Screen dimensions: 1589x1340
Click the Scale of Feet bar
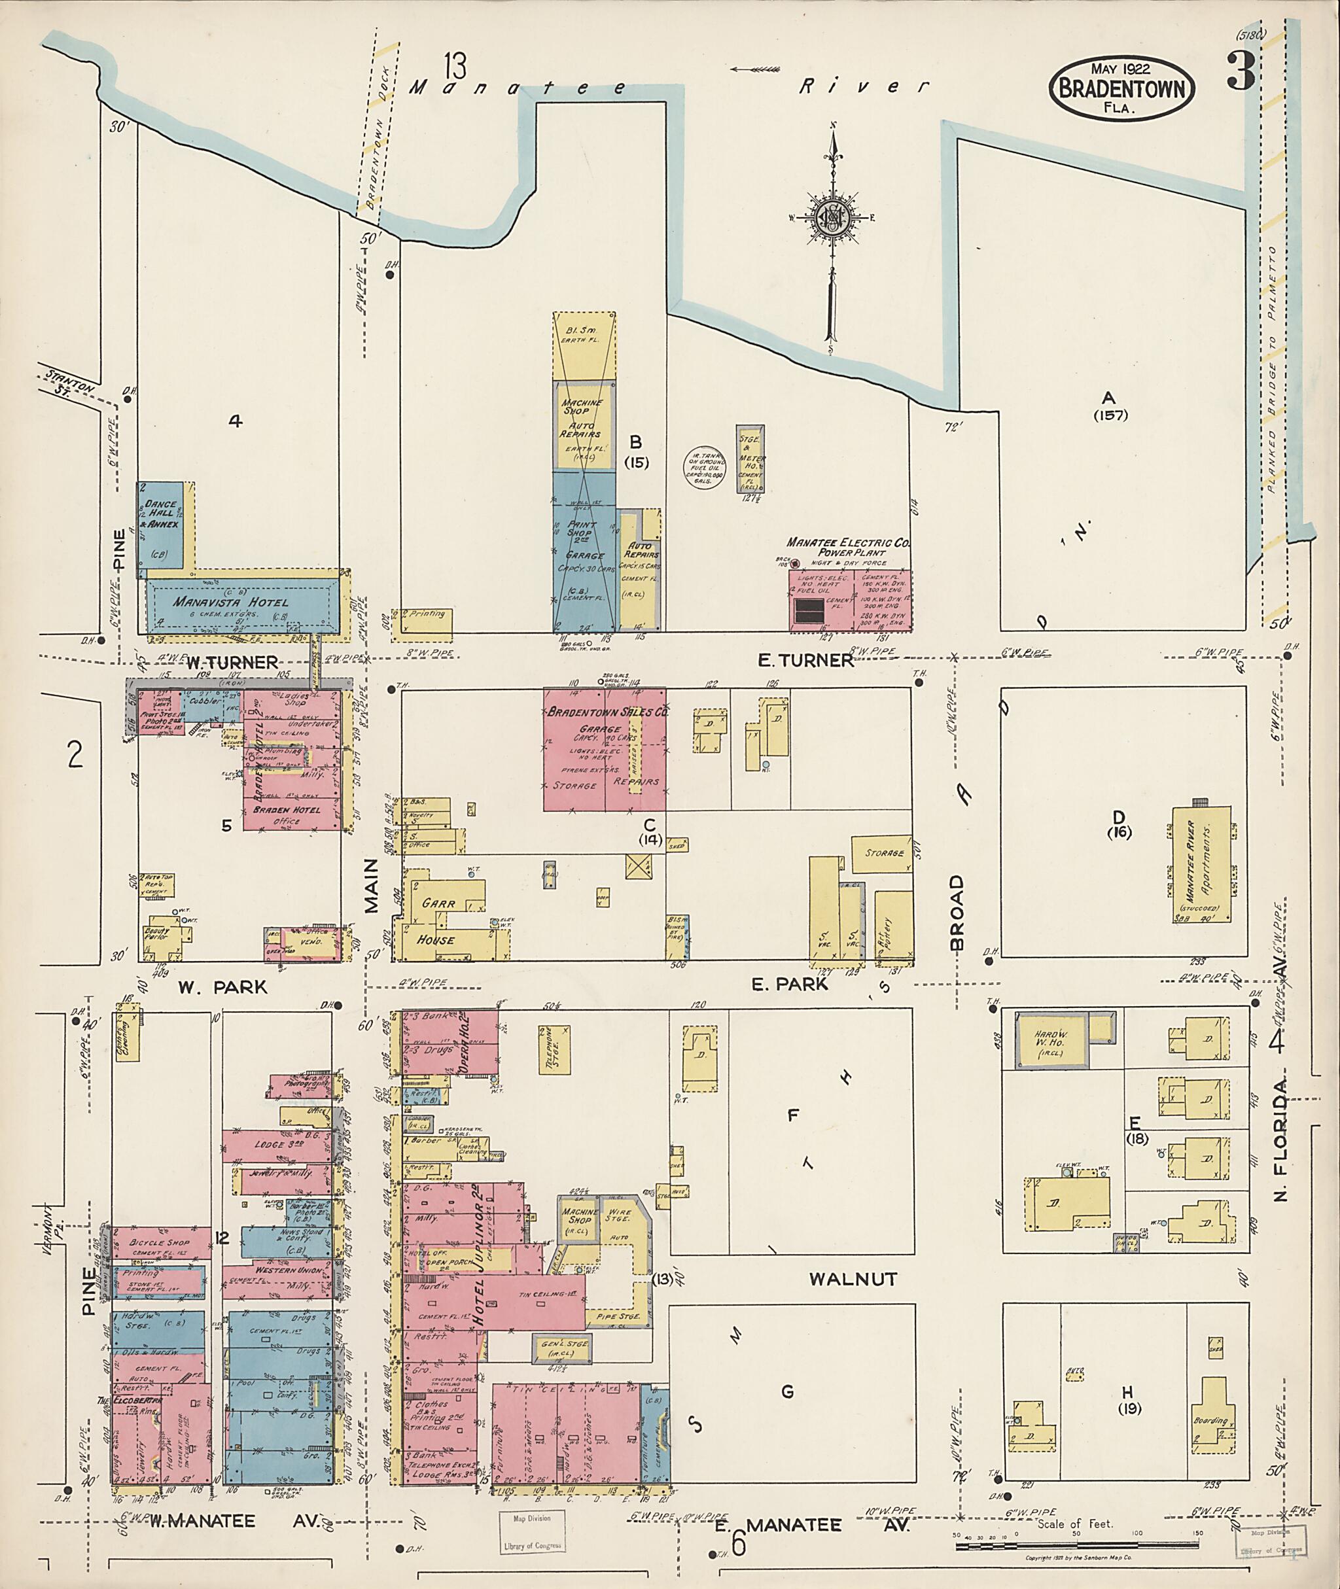click(1076, 1534)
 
